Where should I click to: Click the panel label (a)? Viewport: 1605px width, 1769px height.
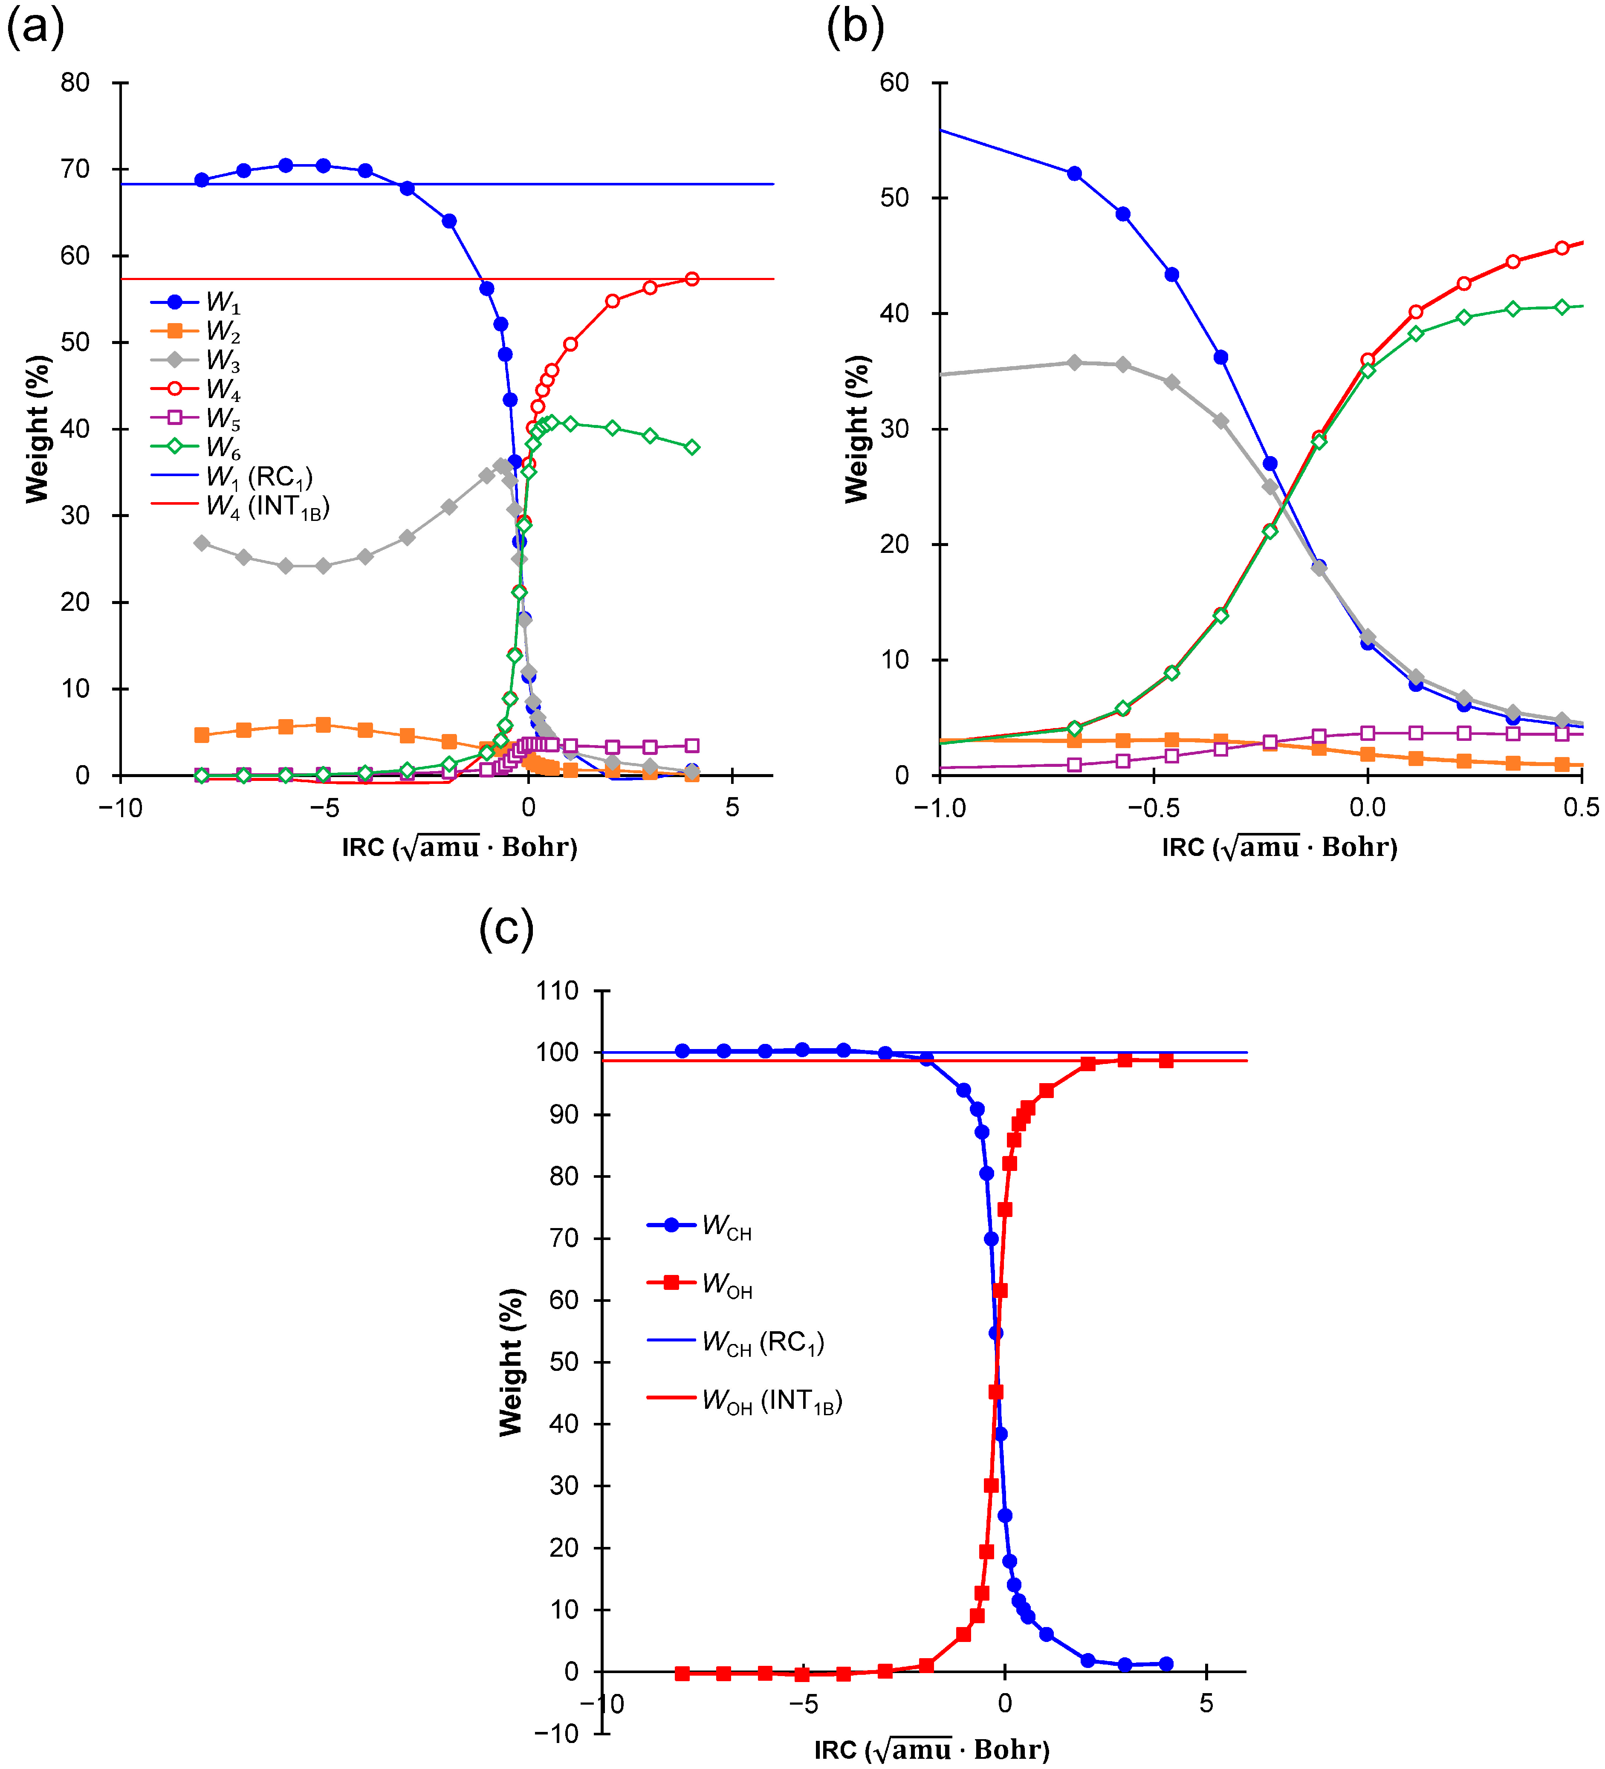35,28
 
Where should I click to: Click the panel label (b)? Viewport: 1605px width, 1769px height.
855,28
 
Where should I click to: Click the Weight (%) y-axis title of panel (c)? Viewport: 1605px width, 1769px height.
511,1363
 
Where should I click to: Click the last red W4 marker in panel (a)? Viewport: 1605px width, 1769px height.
691,279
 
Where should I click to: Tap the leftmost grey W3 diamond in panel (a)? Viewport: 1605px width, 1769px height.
202,543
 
